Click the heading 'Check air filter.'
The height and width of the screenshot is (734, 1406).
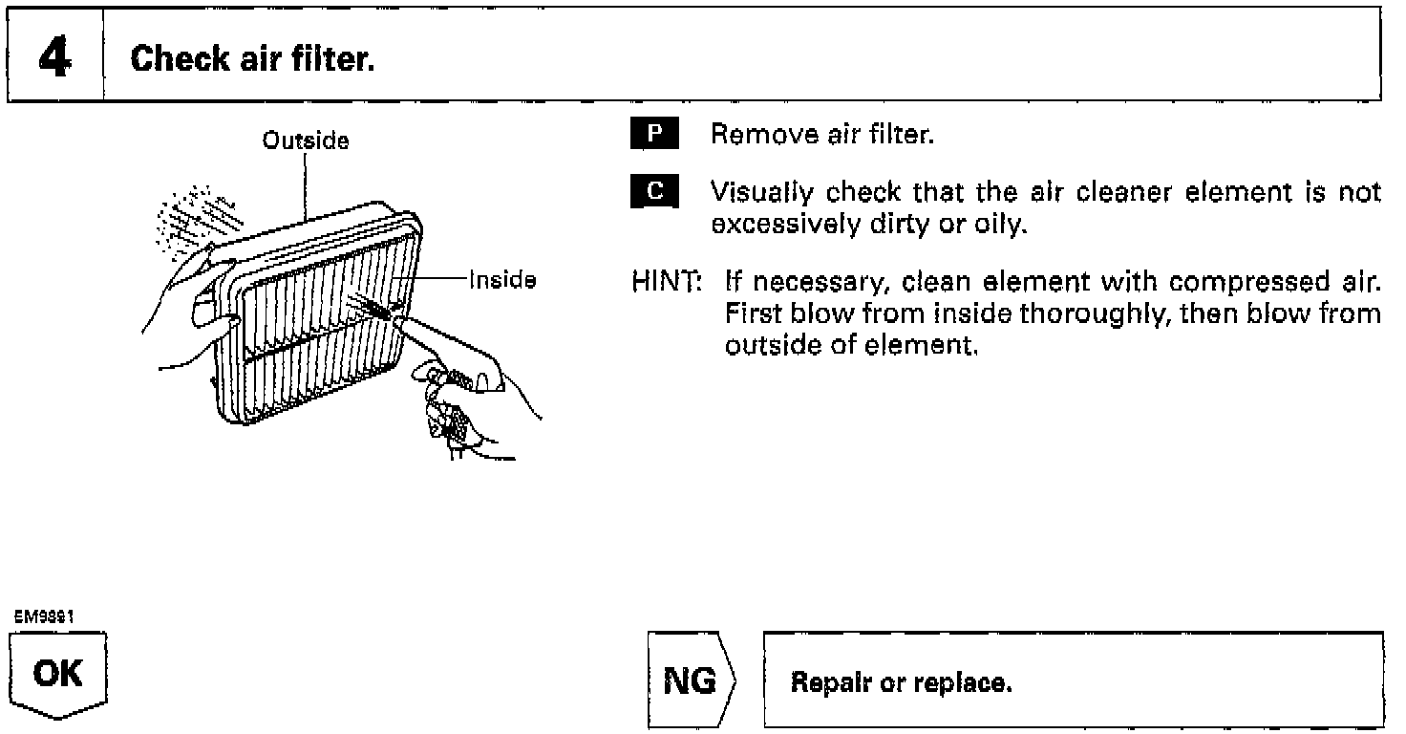[x=252, y=60]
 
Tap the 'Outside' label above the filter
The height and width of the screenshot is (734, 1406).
[x=306, y=141]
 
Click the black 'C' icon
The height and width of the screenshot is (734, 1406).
[x=654, y=191]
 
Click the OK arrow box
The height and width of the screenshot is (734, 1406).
[x=57, y=677]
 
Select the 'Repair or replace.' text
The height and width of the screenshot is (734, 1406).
[x=901, y=684]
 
